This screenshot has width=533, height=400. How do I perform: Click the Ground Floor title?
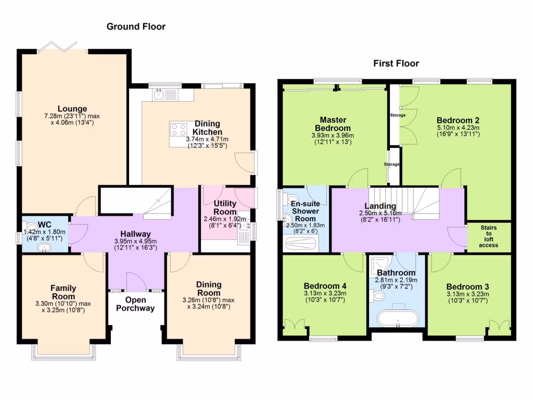tap(136, 26)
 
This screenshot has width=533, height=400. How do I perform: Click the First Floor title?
tap(396, 64)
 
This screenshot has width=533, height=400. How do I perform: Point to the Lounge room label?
tap(72, 109)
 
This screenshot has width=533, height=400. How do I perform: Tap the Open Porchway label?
tap(136, 304)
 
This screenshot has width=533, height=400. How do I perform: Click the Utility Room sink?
tap(245, 235)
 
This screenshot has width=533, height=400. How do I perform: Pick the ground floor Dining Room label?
tap(209, 289)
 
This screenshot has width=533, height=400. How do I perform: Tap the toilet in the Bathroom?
tap(378, 296)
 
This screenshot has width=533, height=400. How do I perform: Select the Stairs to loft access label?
tap(488, 236)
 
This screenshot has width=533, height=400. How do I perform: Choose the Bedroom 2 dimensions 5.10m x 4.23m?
tap(458, 128)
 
